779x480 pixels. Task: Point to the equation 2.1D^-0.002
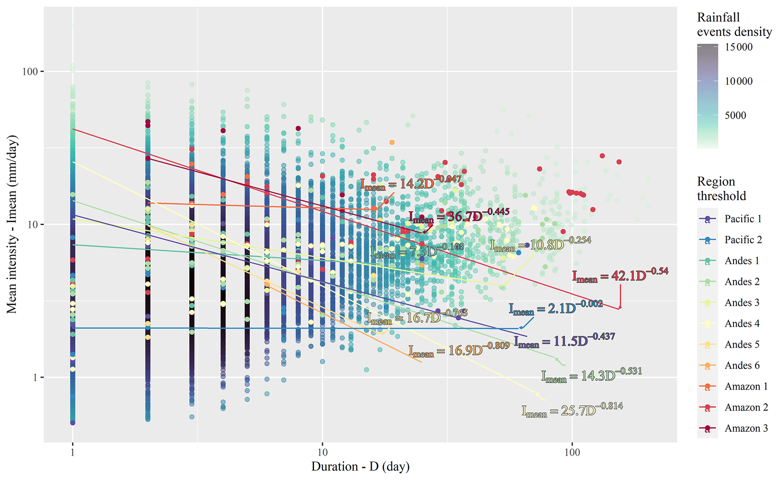click(x=556, y=308)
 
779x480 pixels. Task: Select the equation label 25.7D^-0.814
click(x=572, y=410)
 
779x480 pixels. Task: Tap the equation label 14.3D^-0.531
click(x=591, y=375)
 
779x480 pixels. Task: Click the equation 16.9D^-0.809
click(x=459, y=350)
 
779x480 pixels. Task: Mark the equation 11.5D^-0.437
click(x=564, y=341)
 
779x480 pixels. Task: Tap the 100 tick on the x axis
click(x=572, y=452)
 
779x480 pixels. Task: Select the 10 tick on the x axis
click(x=322, y=452)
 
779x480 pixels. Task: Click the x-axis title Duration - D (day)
click(x=360, y=466)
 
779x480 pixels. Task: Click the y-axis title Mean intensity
click(x=12, y=224)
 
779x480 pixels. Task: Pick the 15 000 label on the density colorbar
click(x=738, y=47)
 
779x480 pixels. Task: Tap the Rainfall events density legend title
click(x=734, y=24)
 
